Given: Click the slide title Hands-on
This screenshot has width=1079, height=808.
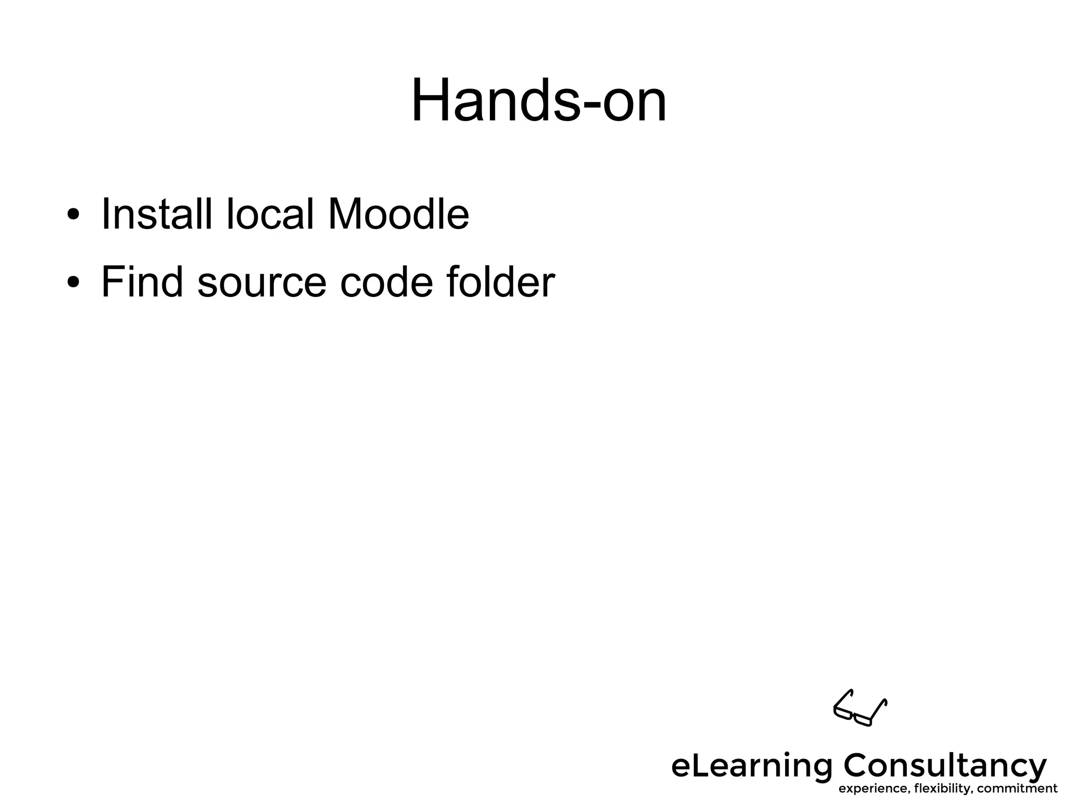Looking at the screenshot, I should pos(538,100).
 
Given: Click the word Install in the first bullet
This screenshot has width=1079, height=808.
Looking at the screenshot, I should pos(156,214).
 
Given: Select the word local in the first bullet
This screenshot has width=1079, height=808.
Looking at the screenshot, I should pos(270,214).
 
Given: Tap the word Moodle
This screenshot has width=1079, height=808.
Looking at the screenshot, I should pos(398,214).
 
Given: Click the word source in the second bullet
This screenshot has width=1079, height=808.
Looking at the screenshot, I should pos(262,283).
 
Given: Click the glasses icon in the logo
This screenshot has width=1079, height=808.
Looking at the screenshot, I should pos(860,708).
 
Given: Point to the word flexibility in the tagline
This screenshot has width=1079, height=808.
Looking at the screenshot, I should pos(943,789).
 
